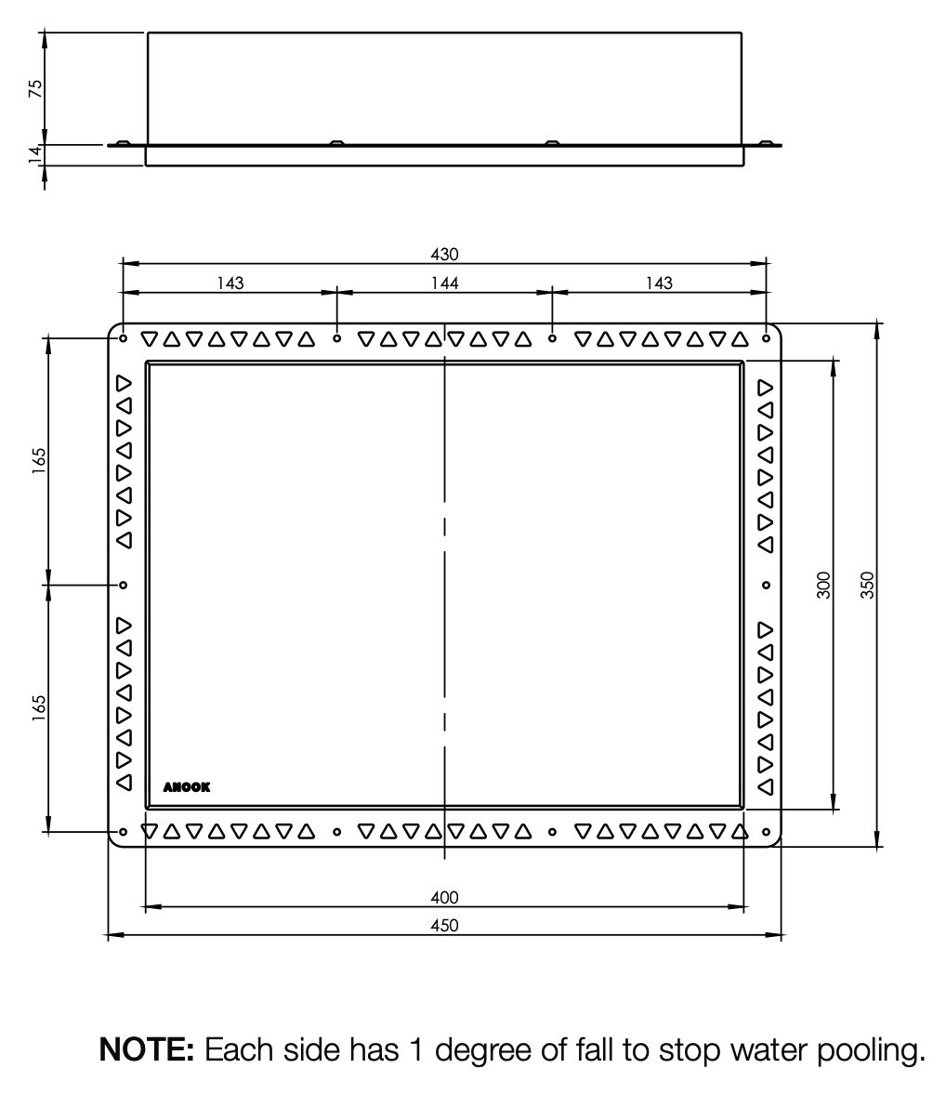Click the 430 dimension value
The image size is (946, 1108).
pos(444,254)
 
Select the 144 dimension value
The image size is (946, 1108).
pos(445,284)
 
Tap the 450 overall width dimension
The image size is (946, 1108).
pos(444,925)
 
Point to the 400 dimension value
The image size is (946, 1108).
pos(444,897)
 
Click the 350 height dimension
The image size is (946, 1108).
pos(868,585)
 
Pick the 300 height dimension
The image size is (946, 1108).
pos(823,585)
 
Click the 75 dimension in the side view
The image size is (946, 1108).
pos(35,88)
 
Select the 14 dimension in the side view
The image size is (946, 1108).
pos(35,154)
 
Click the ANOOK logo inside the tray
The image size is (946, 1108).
pos(187,787)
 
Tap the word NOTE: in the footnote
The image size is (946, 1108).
pos(146,1049)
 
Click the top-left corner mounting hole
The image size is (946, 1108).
pos(123,338)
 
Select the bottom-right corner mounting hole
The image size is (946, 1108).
pos(767,833)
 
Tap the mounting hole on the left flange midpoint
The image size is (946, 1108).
pos(123,585)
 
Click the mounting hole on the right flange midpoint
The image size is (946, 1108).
pos(767,585)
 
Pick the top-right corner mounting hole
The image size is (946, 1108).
pos(767,338)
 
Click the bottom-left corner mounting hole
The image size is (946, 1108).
pos(123,833)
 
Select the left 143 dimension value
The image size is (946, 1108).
pos(230,284)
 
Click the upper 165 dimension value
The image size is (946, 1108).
pos(39,461)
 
